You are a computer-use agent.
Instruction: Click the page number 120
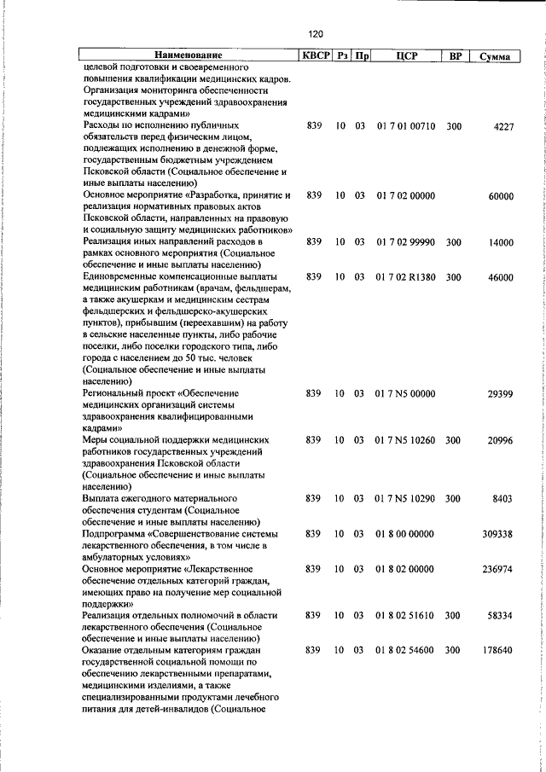click(316, 34)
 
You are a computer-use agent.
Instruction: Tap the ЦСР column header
click(405, 56)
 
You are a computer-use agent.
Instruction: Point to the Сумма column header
click(495, 56)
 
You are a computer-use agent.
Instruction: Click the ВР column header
click(456, 56)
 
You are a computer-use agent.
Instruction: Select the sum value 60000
click(500, 195)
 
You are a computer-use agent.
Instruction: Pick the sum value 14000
click(500, 242)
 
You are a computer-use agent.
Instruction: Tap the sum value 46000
click(500, 277)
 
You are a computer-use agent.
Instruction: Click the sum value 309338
click(497, 533)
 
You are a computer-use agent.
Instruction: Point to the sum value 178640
click(497, 650)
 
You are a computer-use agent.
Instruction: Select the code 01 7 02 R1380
click(405, 277)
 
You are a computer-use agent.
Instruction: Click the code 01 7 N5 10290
click(405, 498)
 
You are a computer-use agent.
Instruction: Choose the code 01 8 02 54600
click(405, 650)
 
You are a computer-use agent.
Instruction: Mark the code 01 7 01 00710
click(405, 125)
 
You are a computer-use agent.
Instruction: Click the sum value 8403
click(502, 498)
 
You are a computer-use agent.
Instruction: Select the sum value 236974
click(497, 568)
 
